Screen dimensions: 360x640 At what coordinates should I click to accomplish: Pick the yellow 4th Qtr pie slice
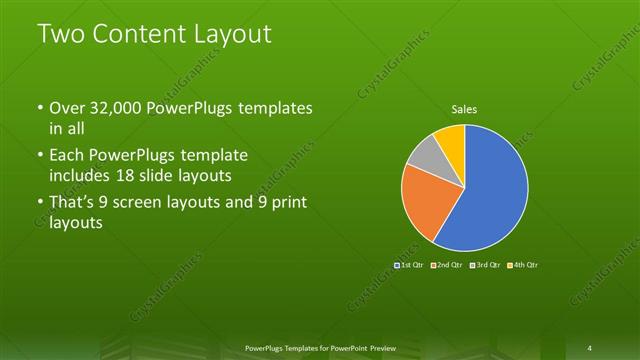tap(451, 139)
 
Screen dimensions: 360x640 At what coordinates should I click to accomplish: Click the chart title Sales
tap(464, 108)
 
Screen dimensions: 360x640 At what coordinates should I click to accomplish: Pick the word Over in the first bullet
tap(66, 108)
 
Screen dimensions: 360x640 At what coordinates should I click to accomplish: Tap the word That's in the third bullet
tap(73, 204)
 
